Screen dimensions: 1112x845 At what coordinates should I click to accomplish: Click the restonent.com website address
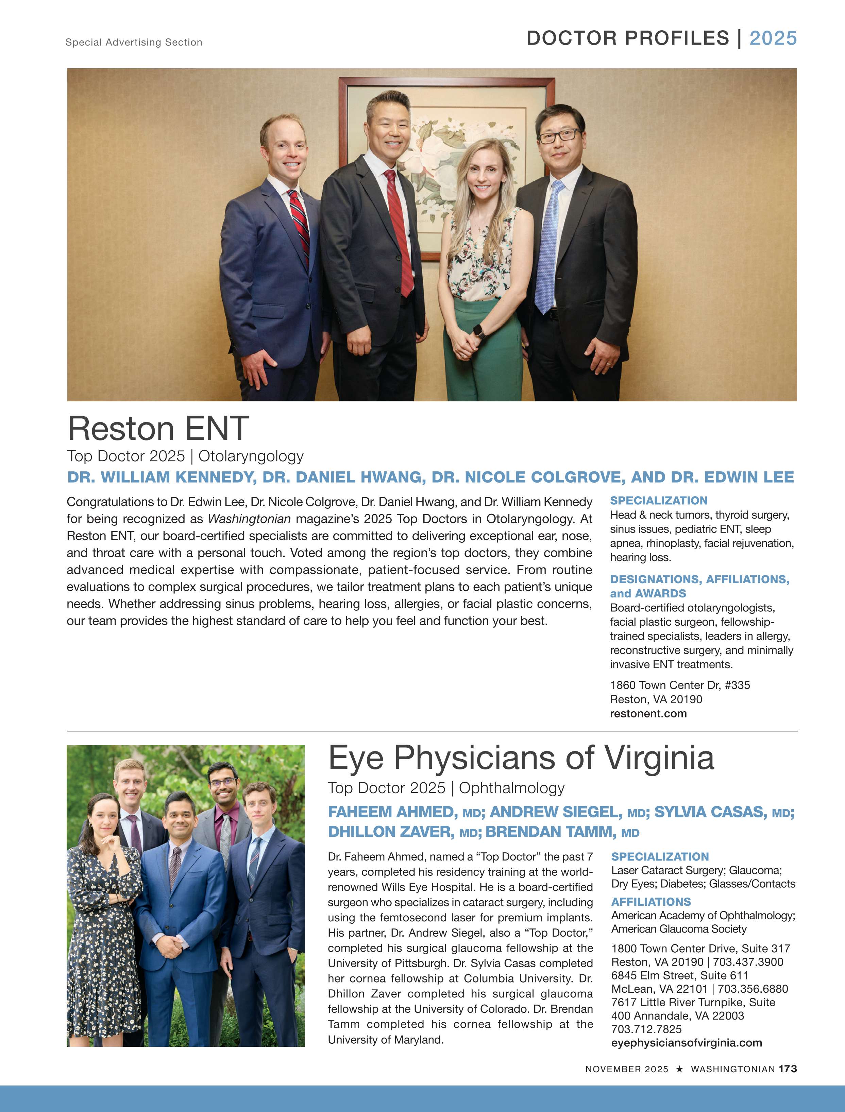(x=648, y=713)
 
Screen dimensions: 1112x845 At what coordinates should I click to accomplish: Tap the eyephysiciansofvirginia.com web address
(x=686, y=1043)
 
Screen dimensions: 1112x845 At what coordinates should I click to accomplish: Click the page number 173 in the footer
(x=788, y=1069)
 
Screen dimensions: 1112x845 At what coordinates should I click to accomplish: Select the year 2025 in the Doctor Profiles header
(x=773, y=38)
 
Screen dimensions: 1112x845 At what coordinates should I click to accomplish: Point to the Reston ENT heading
(x=158, y=429)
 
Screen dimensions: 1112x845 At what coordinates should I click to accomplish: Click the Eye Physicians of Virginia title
(x=521, y=758)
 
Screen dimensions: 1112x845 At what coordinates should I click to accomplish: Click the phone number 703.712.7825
(x=646, y=1029)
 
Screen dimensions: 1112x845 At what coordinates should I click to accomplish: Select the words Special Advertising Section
(x=134, y=42)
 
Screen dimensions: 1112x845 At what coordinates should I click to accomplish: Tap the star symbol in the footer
(x=679, y=1069)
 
